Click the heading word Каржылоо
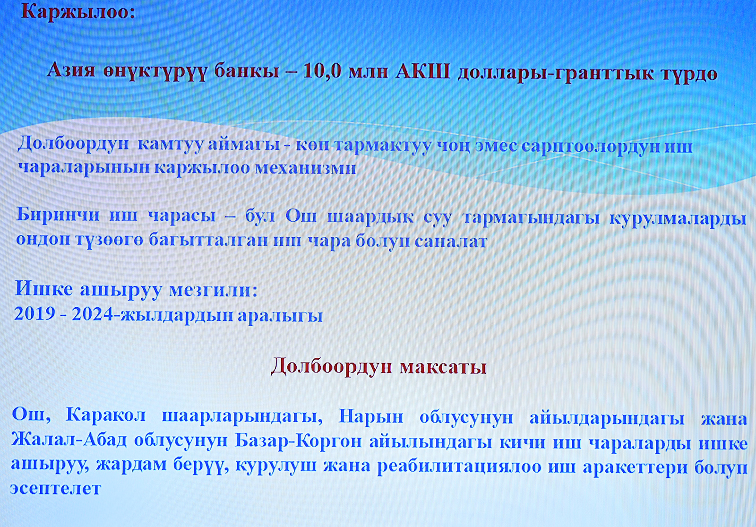coord(78,13)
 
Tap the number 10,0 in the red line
coord(322,73)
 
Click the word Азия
coord(71,72)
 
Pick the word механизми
coord(305,168)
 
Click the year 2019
coord(35,314)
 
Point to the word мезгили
coord(213,290)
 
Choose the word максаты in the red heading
coord(443,367)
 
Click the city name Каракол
coord(105,415)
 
